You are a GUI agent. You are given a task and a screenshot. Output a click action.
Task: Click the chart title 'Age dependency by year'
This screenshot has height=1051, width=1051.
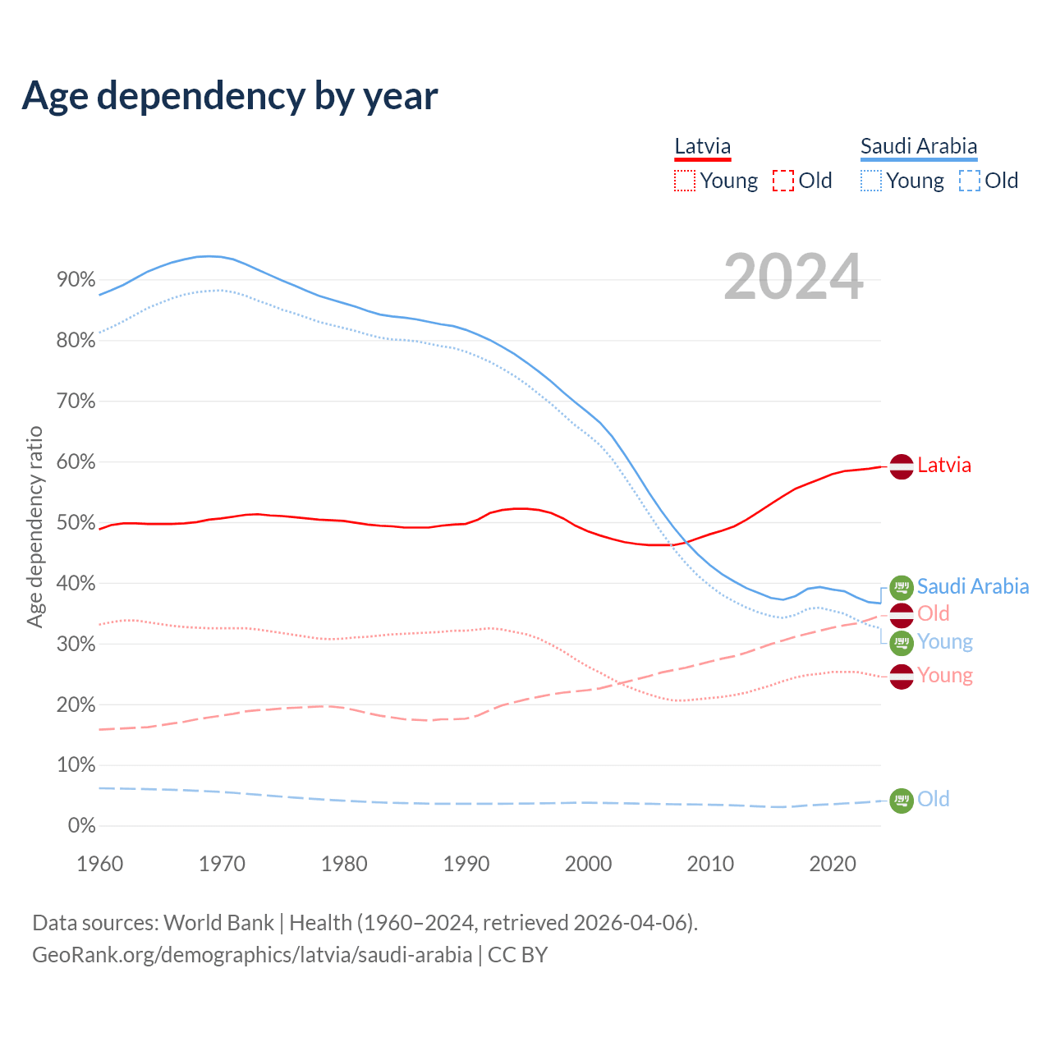(230, 96)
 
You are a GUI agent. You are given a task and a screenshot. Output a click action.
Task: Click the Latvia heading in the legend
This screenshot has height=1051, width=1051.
(702, 147)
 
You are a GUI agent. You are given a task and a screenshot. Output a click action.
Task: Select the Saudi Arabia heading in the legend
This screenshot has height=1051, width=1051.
(918, 147)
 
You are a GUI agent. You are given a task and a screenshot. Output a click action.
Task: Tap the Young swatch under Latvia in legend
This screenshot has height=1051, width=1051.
(684, 181)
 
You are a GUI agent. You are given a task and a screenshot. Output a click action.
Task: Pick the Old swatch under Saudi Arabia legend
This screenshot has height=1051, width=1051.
(969, 181)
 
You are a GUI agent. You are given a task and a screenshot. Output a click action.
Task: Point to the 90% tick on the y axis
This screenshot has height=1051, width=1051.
(76, 280)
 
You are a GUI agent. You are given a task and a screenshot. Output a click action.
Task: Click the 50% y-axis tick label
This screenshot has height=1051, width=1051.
(76, 523)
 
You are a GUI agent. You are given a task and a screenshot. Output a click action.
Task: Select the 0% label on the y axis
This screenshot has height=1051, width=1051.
(81, 826)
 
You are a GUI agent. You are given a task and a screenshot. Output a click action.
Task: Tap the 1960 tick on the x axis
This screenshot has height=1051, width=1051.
(99, 864)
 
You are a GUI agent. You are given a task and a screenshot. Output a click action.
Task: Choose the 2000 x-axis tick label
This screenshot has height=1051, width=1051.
(589, 864)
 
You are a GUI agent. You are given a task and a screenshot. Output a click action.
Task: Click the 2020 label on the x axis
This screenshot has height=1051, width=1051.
(833, 864)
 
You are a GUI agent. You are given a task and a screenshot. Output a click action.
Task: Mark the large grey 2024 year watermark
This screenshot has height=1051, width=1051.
(793, 277)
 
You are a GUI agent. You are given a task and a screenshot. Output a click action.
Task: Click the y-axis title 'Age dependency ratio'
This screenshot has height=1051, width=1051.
(34, 526)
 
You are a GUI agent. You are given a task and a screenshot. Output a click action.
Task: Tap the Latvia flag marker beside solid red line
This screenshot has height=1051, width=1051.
(902, 466)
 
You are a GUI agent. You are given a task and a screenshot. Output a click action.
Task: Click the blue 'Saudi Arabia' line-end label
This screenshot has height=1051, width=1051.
(972, 586)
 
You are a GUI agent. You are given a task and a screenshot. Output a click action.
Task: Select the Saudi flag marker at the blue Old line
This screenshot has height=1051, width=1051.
(902, 800)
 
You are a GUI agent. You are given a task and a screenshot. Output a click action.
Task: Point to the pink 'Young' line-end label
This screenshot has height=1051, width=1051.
(945, 676)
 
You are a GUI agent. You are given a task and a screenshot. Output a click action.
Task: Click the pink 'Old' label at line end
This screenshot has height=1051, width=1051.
(934, 613)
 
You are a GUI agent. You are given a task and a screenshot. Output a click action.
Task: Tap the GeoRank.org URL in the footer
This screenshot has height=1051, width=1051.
(252, 955)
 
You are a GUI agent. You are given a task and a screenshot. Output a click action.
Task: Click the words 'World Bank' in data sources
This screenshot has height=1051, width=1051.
(218, 923)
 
